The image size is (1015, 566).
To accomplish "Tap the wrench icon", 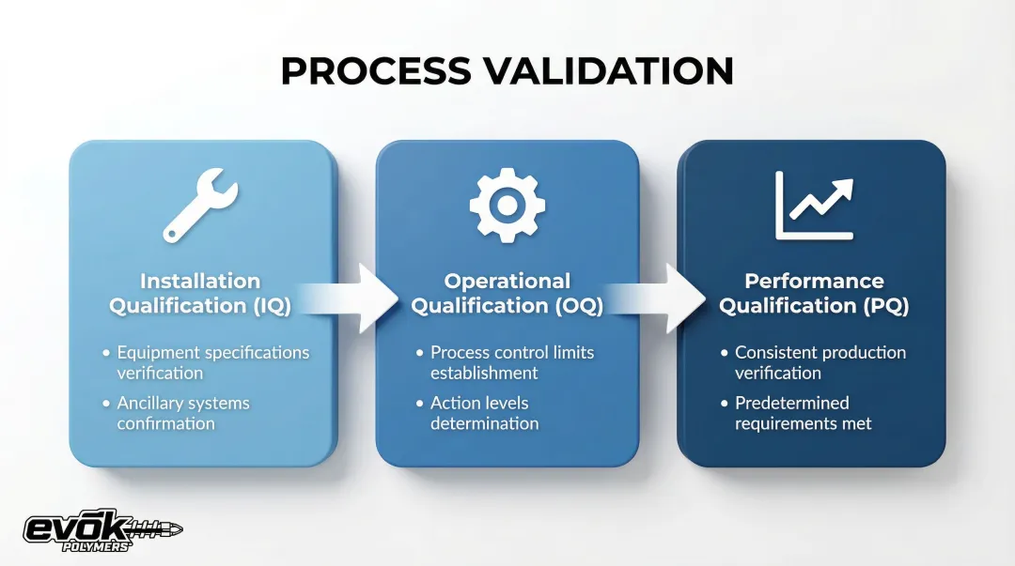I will tap(200, 205).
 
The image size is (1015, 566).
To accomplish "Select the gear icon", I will tap(507, 205).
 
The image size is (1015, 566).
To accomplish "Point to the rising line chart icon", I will tap(814, 205).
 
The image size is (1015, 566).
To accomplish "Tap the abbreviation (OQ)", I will tap(571, 306).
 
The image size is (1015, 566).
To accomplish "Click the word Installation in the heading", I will tap(200, 281).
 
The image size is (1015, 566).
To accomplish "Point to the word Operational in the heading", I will tap(507, 281).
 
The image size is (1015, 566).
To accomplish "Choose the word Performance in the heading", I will tap(814, 281).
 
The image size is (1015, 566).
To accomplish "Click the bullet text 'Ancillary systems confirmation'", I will tap(182, 413).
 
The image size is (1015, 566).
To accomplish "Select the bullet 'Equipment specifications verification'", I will tap(212, 362).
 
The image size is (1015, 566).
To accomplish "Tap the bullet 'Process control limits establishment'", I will tap(512, 362).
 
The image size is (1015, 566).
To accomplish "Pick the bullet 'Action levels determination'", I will tap(484, 413).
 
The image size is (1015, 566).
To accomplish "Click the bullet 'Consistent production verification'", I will tap(820, 362).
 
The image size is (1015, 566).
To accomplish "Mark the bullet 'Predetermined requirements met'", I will tap(803, 413).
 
